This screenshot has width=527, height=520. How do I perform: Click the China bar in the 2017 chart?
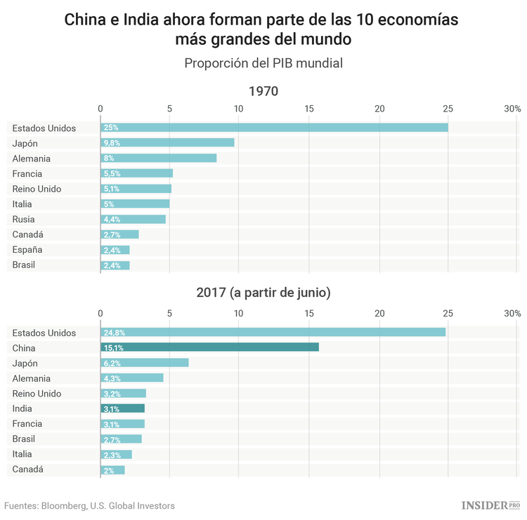point(209,347)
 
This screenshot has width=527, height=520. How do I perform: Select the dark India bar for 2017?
point(122,408)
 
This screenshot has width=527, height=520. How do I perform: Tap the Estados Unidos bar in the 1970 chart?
point(274,128)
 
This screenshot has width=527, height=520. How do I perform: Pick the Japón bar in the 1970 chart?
point(167,143)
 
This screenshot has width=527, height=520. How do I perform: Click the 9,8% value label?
point(112,143)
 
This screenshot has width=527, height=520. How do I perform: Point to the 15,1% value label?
point(113,348)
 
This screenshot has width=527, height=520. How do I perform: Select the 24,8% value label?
point(114,333)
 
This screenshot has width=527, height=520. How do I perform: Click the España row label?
point(27,250)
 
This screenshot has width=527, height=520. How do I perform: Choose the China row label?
point(25,348)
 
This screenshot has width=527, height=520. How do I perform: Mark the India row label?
point(23,408)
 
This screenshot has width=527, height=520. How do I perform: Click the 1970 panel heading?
point(263,91)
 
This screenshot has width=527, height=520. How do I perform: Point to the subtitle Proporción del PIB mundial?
point(263,63)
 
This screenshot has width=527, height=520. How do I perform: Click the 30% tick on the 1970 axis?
point(512,109)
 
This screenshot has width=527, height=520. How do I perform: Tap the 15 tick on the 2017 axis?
point(309,313)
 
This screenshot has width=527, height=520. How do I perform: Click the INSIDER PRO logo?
point(490,505)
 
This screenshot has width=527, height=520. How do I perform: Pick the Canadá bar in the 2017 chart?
point(112,469)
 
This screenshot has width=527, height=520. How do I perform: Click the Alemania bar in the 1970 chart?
point(158,159)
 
